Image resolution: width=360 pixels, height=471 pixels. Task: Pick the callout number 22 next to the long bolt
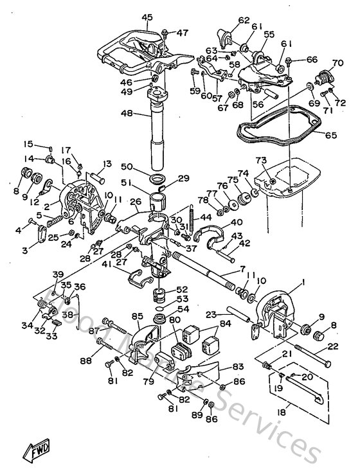[333, 346]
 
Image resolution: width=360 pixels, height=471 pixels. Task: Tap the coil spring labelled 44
[192, 211]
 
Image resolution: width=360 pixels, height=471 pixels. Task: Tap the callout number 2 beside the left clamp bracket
[48, 206]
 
